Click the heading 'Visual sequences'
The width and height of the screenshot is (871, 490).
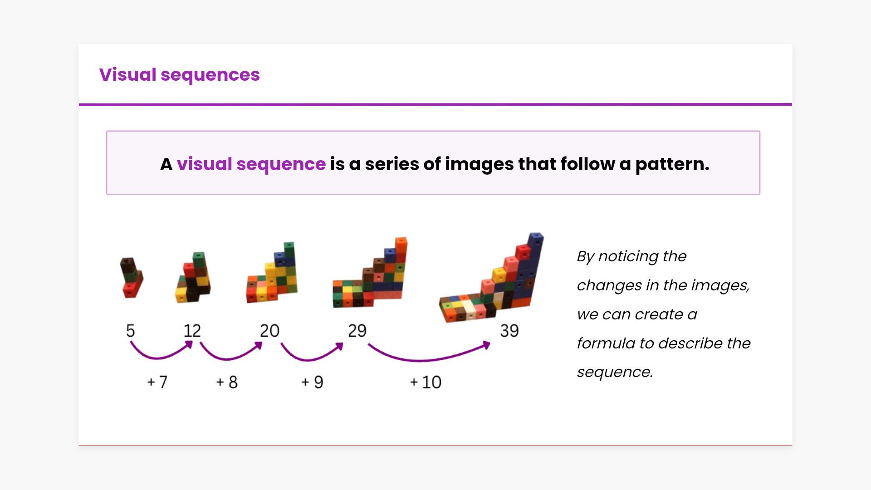[179, 75]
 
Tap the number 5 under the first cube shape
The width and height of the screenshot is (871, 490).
[130, 331]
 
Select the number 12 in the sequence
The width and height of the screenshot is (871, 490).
[192, 331]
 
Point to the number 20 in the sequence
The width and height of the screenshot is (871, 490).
[269, 331]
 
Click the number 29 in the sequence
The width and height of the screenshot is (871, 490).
[357, 331]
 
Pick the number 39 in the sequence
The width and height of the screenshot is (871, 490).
[509, 331]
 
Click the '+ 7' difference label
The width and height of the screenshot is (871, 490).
[157, 382]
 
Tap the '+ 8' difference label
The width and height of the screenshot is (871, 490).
[227, 382]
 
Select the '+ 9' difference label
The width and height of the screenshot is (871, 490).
[312, 382]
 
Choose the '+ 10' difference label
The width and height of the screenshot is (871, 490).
[426, 382]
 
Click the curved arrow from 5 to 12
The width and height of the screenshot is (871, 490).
[159, 358]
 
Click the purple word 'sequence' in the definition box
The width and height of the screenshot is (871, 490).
[281, 164]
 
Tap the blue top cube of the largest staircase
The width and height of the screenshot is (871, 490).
[535, 240]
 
